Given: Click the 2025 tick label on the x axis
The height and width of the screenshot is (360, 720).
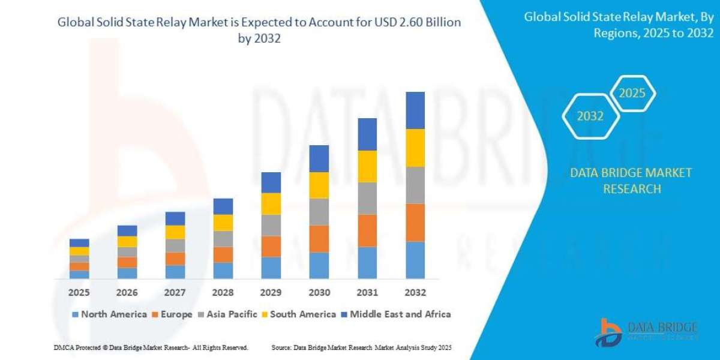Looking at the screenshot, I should (79, 293).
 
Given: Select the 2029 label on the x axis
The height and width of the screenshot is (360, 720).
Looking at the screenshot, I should (271, 293).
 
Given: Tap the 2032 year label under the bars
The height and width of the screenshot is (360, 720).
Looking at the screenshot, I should (415, 293).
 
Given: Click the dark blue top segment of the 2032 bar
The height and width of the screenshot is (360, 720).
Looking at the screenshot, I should (415, 110).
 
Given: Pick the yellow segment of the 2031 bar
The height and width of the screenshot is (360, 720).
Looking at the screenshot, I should (367, 166).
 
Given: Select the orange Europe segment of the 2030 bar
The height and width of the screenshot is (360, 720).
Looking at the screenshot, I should (319, 239).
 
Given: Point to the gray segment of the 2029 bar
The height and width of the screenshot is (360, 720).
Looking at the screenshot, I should (271, 226).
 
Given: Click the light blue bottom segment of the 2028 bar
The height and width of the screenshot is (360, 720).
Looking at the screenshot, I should (223, 271).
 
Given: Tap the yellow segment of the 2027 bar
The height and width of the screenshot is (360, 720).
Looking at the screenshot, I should (175, 232).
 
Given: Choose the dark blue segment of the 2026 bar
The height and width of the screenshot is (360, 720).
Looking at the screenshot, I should (127, 231).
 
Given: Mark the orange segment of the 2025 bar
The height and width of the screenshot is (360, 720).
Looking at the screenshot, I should (79, 266).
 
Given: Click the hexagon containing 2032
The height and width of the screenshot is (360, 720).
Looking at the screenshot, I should (590, 116).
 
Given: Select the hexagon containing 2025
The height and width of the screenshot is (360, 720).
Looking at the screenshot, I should (632, 94).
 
